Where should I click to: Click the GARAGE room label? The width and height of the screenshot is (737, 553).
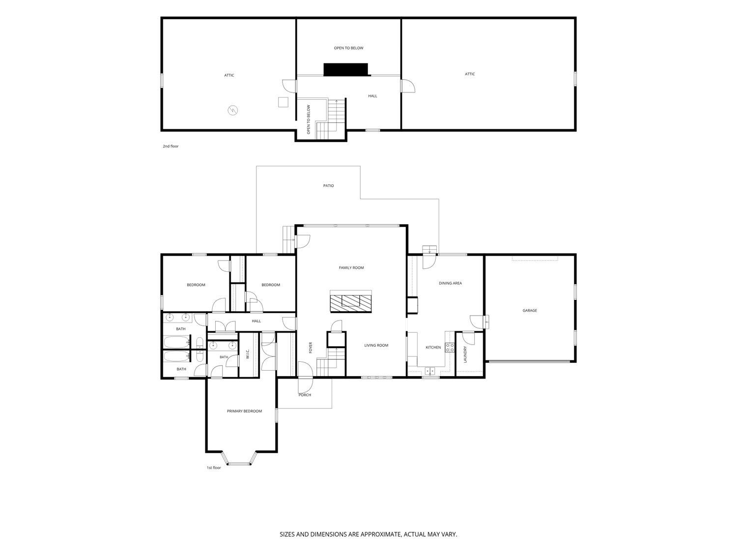pyautogui.click(x=530, y=311)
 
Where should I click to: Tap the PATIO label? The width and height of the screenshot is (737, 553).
pyautogui.click(x=328, y=186)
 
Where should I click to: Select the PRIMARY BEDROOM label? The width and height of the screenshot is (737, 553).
pyautogui.click(x=244, y=411)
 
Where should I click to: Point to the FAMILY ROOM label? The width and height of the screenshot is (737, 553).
pyautogui.click(x=351, y=267)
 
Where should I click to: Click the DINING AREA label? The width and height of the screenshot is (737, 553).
pyautogui.click(x=450, y=283)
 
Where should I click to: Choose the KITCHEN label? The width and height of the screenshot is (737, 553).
pyautogui.click(x=433, y=347)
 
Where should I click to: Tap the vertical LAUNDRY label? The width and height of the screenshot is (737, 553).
pyautogui.click(x=465, y=354)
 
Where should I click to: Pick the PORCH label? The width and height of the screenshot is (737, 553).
pyautogui.click(x=305, y=395)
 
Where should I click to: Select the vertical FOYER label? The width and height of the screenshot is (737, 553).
pyautogui.click(x=311, y=348)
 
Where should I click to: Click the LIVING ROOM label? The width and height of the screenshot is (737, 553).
pyautogui.click(x=376, y=345)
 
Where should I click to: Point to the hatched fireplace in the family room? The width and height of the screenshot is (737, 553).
pyautogui.click(x=351, y=301)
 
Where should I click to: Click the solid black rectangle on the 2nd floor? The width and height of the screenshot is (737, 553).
pyautogui.click(x=346, y=69)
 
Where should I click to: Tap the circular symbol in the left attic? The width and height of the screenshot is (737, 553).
pyautogui.click(x=233, y=110)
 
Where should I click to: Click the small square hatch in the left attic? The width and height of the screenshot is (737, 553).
pyautogui.click(x=283, y=102)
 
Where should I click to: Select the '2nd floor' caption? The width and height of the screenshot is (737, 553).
pyautogui.click(x=170, y=146)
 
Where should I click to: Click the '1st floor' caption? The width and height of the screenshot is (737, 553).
pyautogui.click(x=214, y=468)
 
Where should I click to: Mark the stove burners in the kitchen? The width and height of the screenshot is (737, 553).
pyautogui.click(x=450, y=348)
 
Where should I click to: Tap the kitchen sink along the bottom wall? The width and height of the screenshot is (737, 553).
pyautogui.click(x=429, y=371)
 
